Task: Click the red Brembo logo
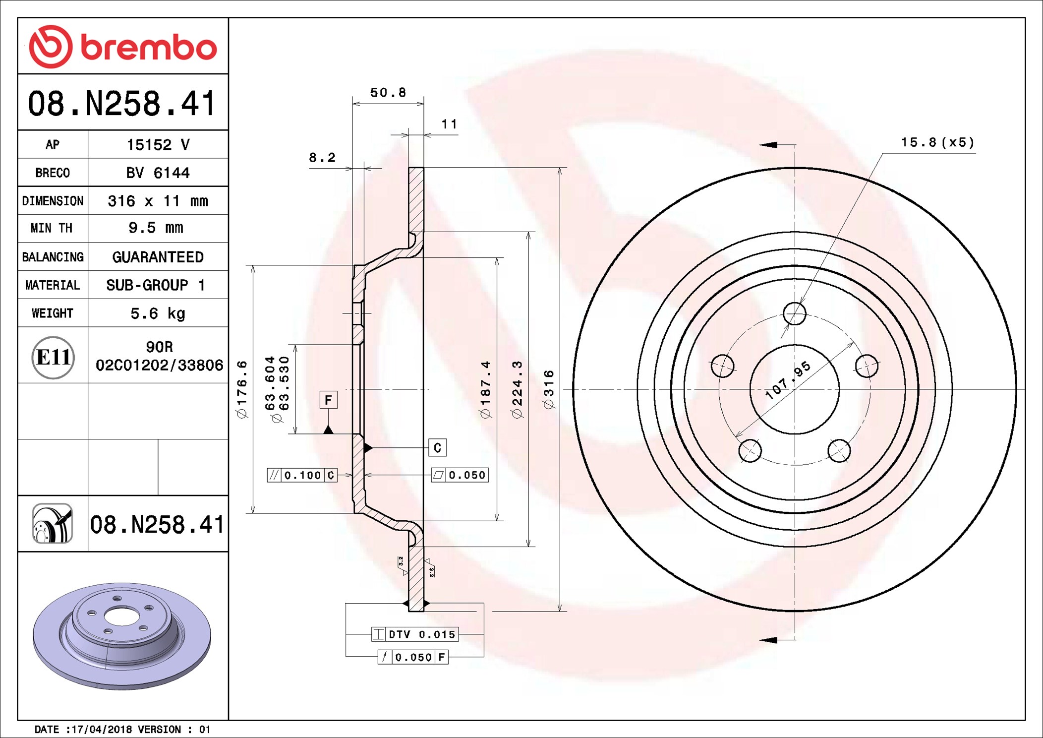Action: (x=122, y=47)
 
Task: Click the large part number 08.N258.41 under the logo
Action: (x=122, y=103)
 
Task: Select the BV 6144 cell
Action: (x=158, y=173)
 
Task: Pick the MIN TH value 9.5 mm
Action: (x=156, y=228)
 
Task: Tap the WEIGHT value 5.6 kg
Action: (x=158, y=313)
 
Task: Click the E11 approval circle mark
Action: (x=53, y=357)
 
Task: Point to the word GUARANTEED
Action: (x=158, y=257)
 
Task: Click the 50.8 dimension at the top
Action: (x=388, y=93)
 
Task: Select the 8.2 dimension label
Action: (x=322, y=158)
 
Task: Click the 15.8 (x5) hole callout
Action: (x=937, y=143)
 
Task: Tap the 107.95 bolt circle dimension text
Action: (x=788, y=380)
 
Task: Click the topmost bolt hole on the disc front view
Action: (x=795, y=313)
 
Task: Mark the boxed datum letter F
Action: (x=328, y=400)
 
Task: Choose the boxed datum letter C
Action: (x=437, y=448)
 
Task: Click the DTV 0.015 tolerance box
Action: (x=415, y=634)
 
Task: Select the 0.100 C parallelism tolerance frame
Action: (x=302, y=475)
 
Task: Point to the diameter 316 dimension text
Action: (x=549, y=389)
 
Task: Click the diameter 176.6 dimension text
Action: (x=242, y=389)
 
